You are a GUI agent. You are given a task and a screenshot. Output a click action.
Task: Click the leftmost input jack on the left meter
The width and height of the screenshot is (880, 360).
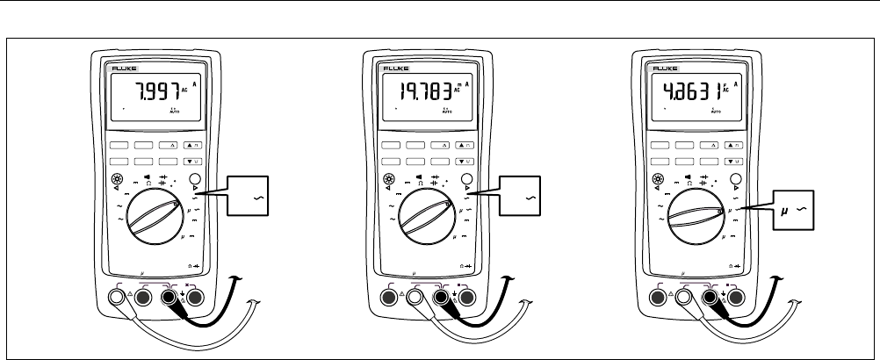116,297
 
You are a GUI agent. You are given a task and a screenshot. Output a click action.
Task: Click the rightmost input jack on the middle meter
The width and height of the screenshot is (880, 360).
465,297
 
